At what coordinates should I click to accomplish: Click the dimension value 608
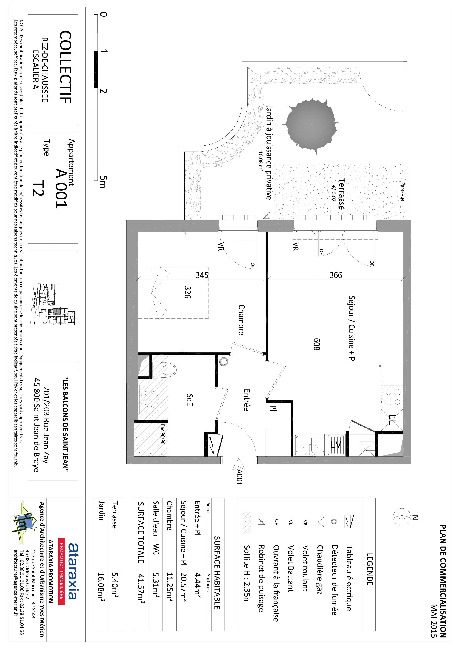click(316, 344)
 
